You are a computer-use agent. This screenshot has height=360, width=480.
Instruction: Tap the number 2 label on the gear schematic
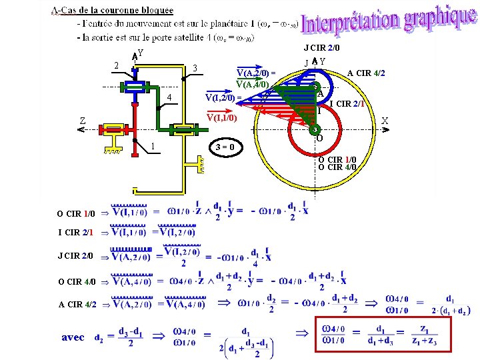[117, 65]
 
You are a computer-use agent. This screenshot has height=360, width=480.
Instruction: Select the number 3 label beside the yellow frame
[194, 68]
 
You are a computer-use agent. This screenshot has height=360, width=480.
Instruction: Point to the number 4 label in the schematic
[169, 99]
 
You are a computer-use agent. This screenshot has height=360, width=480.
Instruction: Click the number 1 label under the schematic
[153, 146]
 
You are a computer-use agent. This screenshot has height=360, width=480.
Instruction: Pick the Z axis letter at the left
[82, 121]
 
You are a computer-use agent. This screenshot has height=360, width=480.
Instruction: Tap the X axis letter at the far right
[385, 121]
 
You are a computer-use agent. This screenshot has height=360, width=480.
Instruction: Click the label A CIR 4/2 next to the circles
[366, 73]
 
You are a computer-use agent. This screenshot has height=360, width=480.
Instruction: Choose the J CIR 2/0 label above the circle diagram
[321, 47]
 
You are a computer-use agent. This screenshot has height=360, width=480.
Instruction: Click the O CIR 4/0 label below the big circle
[337, 167]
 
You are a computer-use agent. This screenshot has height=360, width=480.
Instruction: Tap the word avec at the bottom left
[73, 337]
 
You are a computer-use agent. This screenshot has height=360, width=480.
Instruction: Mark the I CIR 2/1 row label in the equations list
[75, 233]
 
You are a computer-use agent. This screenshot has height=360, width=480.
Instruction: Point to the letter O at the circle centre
[320, 139]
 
